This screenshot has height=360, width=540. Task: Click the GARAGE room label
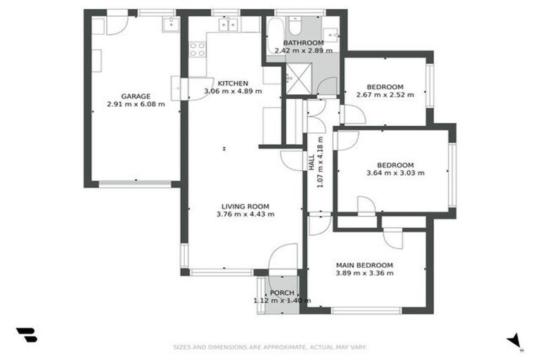[x=136, y=96]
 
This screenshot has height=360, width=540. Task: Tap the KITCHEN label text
[x=232, y=83]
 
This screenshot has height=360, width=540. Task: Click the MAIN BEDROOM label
[x=364, y=265]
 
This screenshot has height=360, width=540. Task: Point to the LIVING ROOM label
[x=245, y=206]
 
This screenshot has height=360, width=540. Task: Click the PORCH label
[x=282, y=292]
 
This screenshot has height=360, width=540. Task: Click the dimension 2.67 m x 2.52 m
[x=385, y=94]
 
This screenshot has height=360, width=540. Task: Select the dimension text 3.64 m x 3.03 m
[x=395, y=173]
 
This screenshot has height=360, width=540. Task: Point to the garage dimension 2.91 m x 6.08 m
[x=136, y=104]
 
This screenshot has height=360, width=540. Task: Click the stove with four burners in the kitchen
[x=198, y=49]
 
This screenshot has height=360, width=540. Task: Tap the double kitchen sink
[x=228, y=25]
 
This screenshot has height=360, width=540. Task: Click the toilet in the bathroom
[x=296, y=25]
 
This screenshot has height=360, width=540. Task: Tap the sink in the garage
[x=170, y=25]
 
